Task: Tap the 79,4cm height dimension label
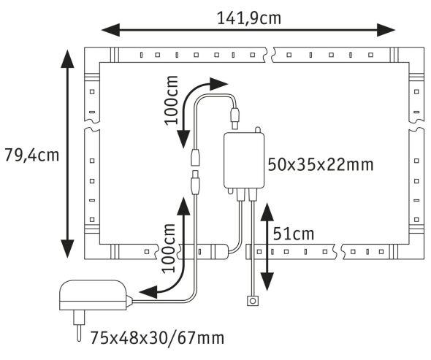click(x=31, y=155)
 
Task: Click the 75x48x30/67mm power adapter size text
click(x=157, y=338)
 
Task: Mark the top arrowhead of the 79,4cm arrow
click(x=67, y=57)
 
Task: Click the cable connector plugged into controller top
click(x=235, y=115)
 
